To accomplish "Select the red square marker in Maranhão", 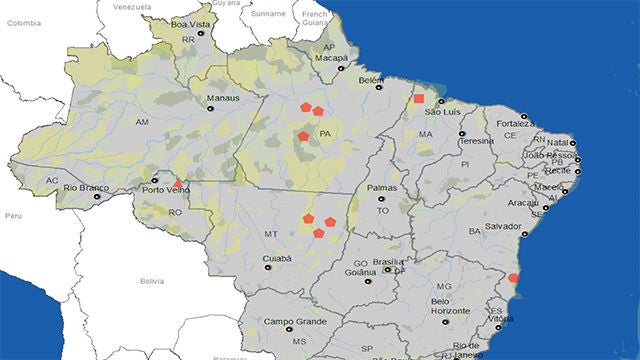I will click(419, 99).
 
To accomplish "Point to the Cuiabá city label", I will click(249, 258).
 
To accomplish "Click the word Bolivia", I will click(151, 281).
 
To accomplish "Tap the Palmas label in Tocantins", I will click(382, 187).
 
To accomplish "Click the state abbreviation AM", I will click(141, 121).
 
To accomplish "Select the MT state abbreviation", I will click(270, 233).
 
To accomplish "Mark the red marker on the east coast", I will click(513, 277).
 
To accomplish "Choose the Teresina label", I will click(478, 141).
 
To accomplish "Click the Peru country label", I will click(13, 215).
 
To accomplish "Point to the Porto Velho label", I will click(166, 188).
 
